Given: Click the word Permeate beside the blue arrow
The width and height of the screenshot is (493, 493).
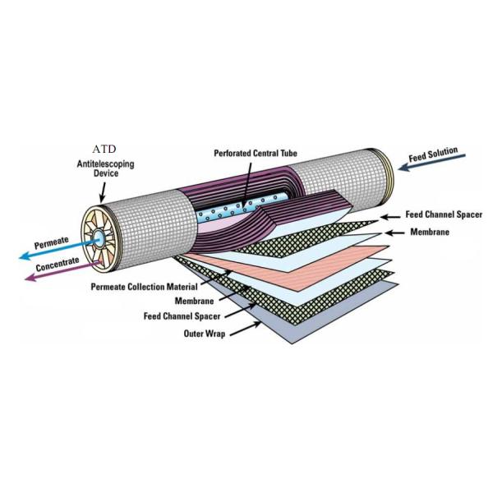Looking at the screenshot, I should [x=53, y=245].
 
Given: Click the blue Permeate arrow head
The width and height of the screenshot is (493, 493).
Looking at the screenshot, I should [x=23, y=256].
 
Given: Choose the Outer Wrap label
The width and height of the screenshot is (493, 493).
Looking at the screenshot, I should [x=205, y=334].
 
